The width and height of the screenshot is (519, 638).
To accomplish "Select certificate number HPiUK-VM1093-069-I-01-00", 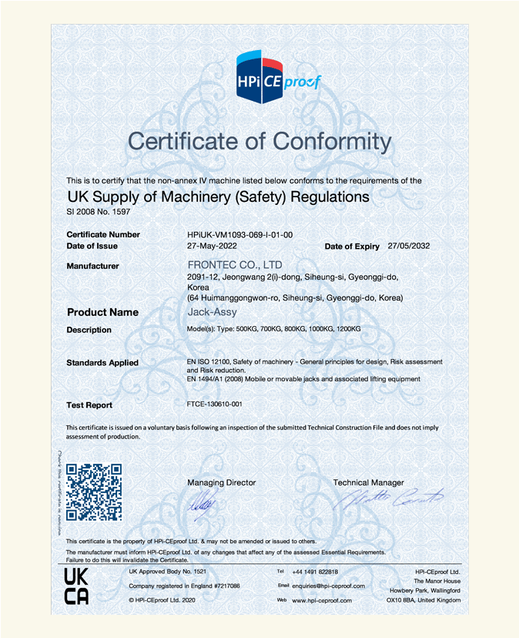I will tap(239, 234).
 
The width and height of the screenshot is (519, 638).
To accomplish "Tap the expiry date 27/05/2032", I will tap(409, 247).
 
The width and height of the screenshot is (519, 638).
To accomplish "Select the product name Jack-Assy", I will tap(213, 312).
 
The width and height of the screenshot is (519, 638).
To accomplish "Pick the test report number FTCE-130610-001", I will tap(215, 405).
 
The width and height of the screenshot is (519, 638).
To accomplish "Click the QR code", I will tap(94, 492).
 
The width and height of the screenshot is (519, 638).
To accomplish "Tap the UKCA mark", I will tap(76, 586).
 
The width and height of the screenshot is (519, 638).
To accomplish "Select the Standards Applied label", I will tap(102, 363).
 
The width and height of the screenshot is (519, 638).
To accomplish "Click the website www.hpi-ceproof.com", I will tap(322, 600).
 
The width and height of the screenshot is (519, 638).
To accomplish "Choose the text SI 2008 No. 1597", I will tap(98, 211).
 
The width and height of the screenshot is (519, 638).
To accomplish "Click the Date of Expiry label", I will tap(352, 247).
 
